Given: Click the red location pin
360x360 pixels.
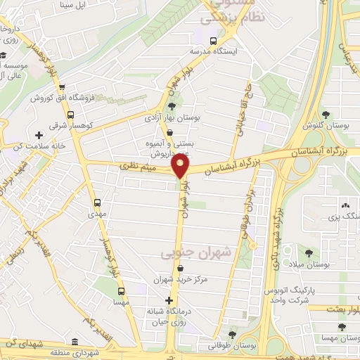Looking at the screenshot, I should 181,167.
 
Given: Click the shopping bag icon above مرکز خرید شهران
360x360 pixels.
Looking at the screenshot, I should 182,268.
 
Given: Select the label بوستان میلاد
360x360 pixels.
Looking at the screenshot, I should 310,264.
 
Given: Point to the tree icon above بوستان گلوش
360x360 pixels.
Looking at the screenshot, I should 324,115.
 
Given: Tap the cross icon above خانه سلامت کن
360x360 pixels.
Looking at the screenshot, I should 38,134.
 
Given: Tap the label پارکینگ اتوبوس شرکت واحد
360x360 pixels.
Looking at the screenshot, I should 290,295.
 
